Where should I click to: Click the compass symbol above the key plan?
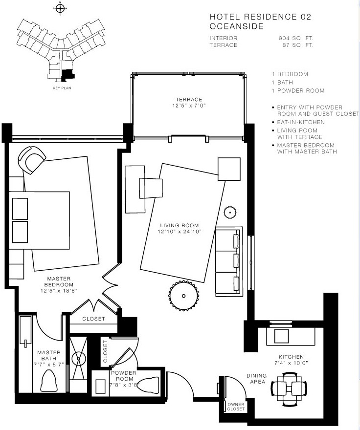60,8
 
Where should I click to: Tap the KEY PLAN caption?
62,88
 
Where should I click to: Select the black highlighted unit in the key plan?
67,75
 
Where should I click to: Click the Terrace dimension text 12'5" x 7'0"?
189,106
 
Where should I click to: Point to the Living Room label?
180,225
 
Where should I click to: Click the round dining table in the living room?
183,296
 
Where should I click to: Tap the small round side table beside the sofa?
230,212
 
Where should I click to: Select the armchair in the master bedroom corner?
32,160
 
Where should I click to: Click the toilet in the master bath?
49,381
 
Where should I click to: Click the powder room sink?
100,387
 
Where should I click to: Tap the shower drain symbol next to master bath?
79,359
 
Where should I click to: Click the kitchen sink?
281,336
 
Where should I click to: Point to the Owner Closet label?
236,407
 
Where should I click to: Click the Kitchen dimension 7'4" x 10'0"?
291,363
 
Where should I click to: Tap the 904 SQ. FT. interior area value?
296,38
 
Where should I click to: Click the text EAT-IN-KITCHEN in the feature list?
301,122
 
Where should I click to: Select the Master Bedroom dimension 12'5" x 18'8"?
59,291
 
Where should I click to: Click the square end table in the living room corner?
229,169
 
